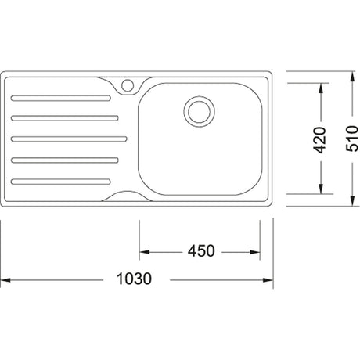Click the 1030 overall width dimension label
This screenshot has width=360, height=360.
[x=134, y=279]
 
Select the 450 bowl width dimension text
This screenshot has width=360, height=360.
[x=201, y=250]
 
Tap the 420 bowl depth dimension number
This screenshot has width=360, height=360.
[x=319, y=140]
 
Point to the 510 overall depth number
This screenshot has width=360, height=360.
[x=352, y=139]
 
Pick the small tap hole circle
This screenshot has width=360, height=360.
[x=128, y=85]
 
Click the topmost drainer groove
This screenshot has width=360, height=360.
[x=61, y=98]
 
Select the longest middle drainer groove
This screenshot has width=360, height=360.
[x=69, y=139]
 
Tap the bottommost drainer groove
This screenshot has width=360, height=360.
[x=61, y=182]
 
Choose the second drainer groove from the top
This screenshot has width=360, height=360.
[x=65, y=118]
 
